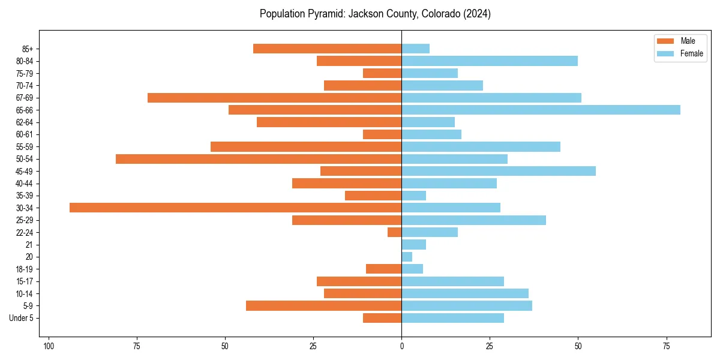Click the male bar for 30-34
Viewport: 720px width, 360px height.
point(235,208)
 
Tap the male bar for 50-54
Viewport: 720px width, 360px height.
point(259,159)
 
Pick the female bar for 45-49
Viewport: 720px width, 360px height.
point(499,171)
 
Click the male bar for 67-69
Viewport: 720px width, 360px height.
point(274,98)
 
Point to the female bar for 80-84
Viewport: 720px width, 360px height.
point(490,61)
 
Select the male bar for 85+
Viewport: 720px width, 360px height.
point(327,49)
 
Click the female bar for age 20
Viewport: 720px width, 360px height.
point(407,257)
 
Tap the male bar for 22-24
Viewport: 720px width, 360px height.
point(394,232)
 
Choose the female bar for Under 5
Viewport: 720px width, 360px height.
point(452,318)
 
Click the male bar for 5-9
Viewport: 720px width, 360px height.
point(323,305)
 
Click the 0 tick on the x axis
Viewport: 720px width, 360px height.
point(401,346)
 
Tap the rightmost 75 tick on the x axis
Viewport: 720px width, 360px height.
point(666,346)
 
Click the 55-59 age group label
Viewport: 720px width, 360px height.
point(24,146)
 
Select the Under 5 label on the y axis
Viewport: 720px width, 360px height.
point(21,318)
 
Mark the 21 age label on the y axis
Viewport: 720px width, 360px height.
point(29,245)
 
